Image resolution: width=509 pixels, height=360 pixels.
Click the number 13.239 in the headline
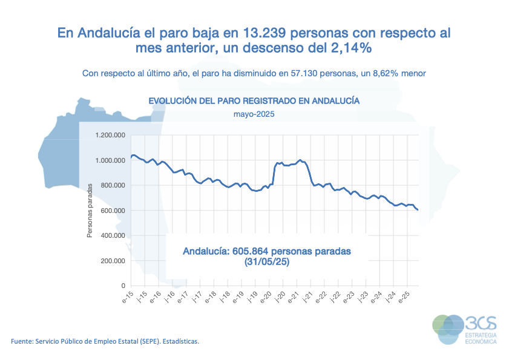coord(263,32)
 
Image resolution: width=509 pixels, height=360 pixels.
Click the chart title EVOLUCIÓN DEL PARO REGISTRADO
coord(254,100)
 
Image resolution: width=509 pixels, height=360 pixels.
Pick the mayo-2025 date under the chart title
coord(254,113)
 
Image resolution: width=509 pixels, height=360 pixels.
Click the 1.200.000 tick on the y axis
coord(110,135)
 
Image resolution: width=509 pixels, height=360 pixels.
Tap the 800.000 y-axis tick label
coord(113,185)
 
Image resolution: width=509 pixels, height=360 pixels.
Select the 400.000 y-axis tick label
coord(113,235)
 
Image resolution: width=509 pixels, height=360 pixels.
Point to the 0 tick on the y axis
coord(123,286)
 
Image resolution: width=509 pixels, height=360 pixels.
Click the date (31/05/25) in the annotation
coord(267,262)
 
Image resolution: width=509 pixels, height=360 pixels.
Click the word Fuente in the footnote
coord(23,341)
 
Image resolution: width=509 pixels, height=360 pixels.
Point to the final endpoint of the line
coord(418,210)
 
